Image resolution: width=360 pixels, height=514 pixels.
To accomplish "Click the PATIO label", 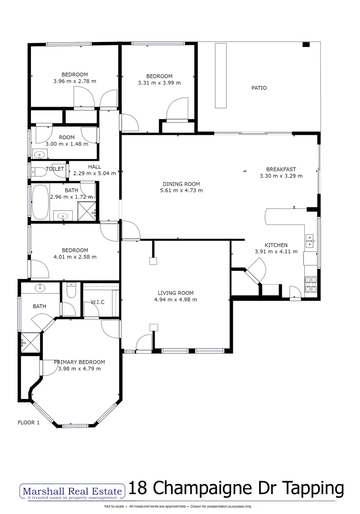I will pyautogui.click(x=259, y=88).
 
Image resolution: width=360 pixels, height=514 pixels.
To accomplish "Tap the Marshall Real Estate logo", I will pyautogui.click(x=71, y=490).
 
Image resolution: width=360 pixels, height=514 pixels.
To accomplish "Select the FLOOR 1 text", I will pyautogui.click(x=29, y=422).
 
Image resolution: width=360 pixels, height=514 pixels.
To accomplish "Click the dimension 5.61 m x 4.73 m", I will pyautogui.click(x=181, y=190).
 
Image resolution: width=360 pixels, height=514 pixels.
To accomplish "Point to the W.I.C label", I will pyautogui.click(x=97, y=302).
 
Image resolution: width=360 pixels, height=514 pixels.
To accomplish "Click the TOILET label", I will pyautogui.click(x=55, y=169).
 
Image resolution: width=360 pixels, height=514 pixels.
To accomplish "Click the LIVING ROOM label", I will pyautogui.click(x=176, y=293).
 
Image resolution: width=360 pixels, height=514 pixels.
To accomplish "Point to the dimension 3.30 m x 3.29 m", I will pyautogui.click(x=281, y=176).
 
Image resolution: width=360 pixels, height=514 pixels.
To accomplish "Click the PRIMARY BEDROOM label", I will pyautogui.click(x=79, y=362).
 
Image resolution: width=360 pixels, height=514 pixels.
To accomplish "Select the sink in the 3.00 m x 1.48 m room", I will pyautogui.click(x=39, y=154).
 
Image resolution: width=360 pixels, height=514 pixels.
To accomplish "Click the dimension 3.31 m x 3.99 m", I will pyautogui.click(x=159, y=83).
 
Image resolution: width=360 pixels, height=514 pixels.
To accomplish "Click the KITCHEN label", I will pyautogui.click(x=276, y=245).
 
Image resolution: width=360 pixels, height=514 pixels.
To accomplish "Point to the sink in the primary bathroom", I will pyautogui.click(x=40, y=287).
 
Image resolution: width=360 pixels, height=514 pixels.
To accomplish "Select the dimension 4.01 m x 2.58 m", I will pyautogui.click(x=75, y=257).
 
